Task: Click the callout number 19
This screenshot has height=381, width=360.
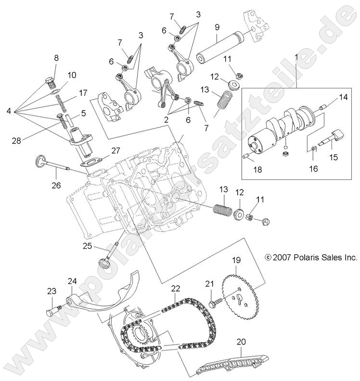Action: click(236, 261)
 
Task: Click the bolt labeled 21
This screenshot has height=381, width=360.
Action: click(216, 303)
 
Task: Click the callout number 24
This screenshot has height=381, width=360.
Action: click(72, 281)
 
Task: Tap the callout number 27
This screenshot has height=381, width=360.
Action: click(116, 151)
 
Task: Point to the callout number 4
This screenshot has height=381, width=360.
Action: click(8, 112)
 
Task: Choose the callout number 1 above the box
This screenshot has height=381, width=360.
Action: click(296, 57)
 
